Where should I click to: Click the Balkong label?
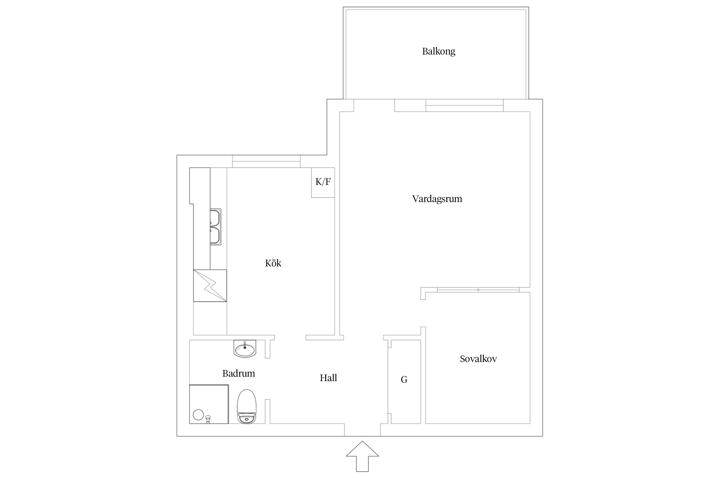coord(438,51)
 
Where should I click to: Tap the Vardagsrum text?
coord(437,199)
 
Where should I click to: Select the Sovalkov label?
coord(478,359)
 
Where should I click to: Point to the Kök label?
coord(273,263)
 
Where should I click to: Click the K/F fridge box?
coord(323,182)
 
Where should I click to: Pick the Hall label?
coord(328,378)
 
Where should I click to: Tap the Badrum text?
coord(239,373)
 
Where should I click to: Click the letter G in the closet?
coord(404,380)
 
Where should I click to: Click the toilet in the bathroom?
coord(247,407)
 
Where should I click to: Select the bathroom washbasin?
coord(245,349)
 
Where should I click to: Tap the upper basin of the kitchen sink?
coord(215,217)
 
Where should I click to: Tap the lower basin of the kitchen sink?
coord(215,235)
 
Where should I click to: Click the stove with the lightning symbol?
coord(210,286)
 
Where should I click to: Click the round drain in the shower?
coord(198,415)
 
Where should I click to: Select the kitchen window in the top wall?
coord(266,162)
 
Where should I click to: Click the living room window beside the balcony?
coord(464,105)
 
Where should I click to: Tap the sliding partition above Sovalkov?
coord(478,290)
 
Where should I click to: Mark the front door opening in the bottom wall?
coord(362,430)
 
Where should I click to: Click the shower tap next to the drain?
coord(208,418)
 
